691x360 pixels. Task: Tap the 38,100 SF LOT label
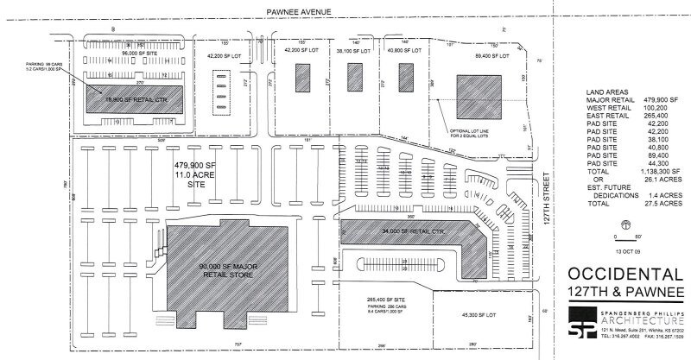pos(355,51)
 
